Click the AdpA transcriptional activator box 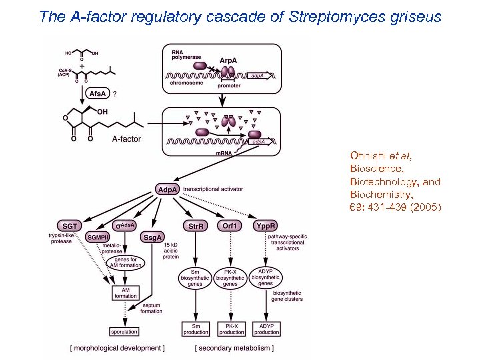(x=167, y=190)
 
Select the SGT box (x=70, y=226)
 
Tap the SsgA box (x=151, y=237)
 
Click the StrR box (x=195, y=226)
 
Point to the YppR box (x=266, y=226)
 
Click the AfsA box (x=97, y=94)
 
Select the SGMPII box (x=99, y=237)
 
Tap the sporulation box (x=124, y=331)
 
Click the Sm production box (x=196, y=329)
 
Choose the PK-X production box (x=231, y=329)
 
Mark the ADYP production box (x=267, y=329)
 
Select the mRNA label (x=223, y=153)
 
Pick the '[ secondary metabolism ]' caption (x=234, y=348)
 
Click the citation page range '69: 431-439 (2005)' (x=395, y=207)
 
